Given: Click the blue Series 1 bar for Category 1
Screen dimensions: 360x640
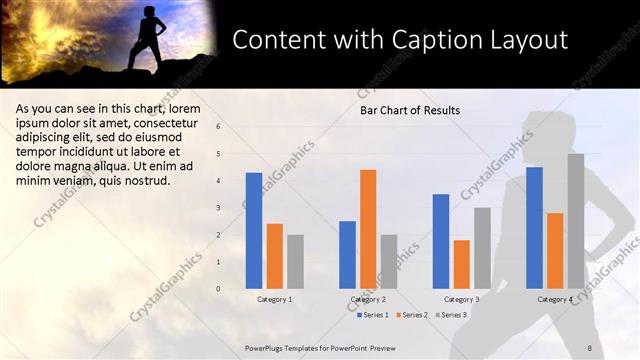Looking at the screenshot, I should tap(254, 231).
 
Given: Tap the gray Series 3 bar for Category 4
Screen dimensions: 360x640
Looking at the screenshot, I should tap(576, 221).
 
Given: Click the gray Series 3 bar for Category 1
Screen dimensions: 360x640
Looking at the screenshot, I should tap(295, 262).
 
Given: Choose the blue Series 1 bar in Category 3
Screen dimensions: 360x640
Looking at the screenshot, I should tap(441, 241).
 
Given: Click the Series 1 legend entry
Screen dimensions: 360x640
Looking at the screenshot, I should tap(373, 314).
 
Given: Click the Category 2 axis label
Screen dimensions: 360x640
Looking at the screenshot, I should tap(368, 299).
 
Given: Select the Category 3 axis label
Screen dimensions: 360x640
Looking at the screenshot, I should tap(461, 299).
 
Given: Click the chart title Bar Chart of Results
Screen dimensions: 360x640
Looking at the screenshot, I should tap(410, 110).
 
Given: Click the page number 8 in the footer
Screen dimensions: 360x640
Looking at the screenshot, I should tap(590, 346).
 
